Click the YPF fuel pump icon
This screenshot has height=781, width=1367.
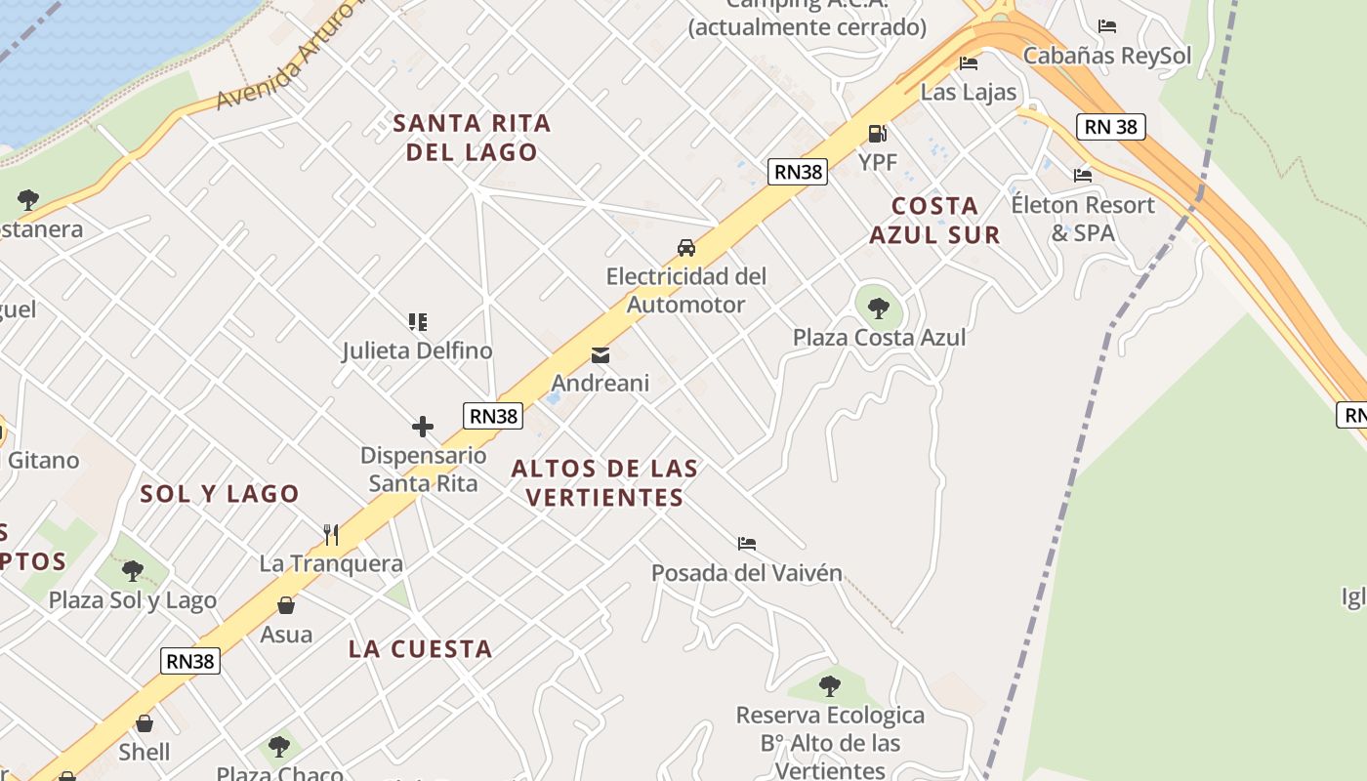[877, 134]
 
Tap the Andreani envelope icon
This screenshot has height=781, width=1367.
[600, 355]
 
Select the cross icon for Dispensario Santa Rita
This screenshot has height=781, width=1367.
[423, 427]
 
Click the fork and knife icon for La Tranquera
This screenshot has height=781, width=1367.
[331, 534]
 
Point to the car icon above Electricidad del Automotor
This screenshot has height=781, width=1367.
[686, 248]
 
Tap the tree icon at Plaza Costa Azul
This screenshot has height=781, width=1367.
[878, 308]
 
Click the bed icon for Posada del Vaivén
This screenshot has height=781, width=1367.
[747, 544]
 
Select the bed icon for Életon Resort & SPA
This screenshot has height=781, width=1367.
[1082, 176]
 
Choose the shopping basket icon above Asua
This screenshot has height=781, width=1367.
[286, 606]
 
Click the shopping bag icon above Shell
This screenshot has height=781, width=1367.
[145, 723]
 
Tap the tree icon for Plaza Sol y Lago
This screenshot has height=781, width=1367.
[132, 571]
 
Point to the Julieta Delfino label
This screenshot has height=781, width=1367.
[417, 350]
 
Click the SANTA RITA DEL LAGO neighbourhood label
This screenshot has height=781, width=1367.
[472, 138]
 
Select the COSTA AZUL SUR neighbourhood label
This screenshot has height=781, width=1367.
[934, 220]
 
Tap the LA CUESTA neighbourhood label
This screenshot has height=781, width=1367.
[420, 649]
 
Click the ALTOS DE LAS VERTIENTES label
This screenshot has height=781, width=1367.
[605, 482]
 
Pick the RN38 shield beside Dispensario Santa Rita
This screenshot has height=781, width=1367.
[494, 416]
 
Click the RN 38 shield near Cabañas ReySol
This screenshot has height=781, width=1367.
[1111, 127]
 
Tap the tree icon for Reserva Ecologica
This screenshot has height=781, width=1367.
[830, 686]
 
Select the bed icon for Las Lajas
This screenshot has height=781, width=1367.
[969, 63]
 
